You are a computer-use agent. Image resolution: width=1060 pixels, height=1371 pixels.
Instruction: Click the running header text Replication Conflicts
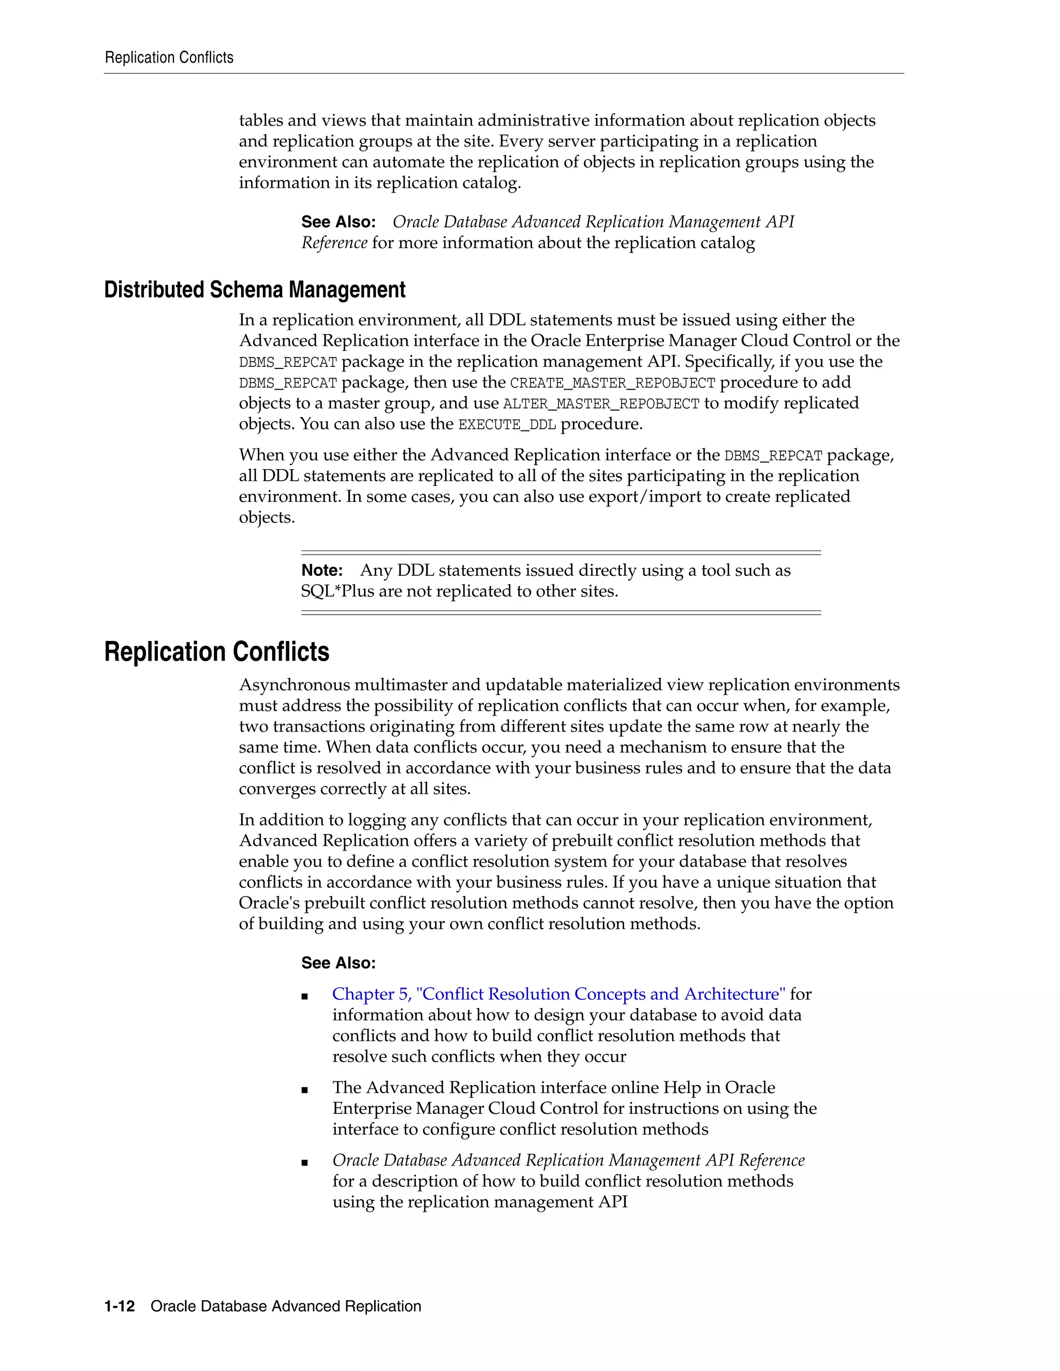[169, 58]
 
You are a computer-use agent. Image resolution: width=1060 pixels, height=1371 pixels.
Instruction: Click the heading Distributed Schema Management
[254, 290]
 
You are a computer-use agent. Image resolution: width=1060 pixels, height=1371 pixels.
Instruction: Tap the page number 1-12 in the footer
[120, 1306]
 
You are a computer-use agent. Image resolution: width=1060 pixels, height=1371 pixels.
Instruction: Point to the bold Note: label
[321, 571]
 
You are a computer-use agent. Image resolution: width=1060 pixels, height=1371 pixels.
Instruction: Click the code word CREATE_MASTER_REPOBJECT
[612, 383]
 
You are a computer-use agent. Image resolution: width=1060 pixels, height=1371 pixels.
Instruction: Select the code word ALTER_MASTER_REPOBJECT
[601, 404]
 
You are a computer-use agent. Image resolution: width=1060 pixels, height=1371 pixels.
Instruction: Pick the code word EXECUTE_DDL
[507, 425]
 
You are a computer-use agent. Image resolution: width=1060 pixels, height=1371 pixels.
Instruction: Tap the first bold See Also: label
[338, 222]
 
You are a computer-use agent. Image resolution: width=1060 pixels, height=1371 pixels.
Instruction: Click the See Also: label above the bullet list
[338, 963]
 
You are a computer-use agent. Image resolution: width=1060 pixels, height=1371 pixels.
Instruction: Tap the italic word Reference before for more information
[334, 243]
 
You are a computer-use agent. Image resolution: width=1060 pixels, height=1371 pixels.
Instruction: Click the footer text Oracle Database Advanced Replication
[286, 1306]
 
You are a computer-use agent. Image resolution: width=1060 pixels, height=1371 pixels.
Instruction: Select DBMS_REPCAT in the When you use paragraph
[773, 456]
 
